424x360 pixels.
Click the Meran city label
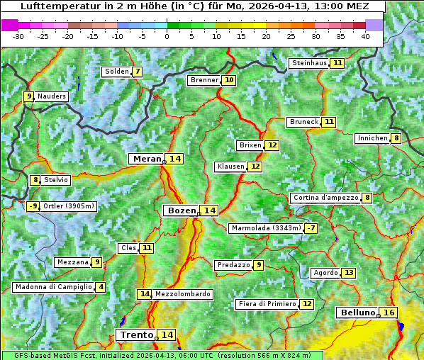pos(145,159)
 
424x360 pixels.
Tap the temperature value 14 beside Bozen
pos(208,210)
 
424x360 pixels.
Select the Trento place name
pos(136,334)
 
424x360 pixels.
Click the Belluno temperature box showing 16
pos(389,313)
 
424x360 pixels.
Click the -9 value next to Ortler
pos(33,206)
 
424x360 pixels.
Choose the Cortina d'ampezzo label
pos(325,198)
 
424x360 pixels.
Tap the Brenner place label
pos(204,80)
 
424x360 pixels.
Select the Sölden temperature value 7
pos(137,72)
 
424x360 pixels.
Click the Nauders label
pos(52,96)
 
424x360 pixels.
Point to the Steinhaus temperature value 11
pos(337,63)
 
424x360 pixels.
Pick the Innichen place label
pos(372,138)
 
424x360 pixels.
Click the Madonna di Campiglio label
pos(53,287)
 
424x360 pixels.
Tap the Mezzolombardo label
pos(182,293)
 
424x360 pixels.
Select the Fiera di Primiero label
pos(267,303)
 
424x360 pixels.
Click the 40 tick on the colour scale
pos(365,36)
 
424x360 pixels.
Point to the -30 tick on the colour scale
pos(18,36)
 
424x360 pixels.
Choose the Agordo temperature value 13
pos(348,273)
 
